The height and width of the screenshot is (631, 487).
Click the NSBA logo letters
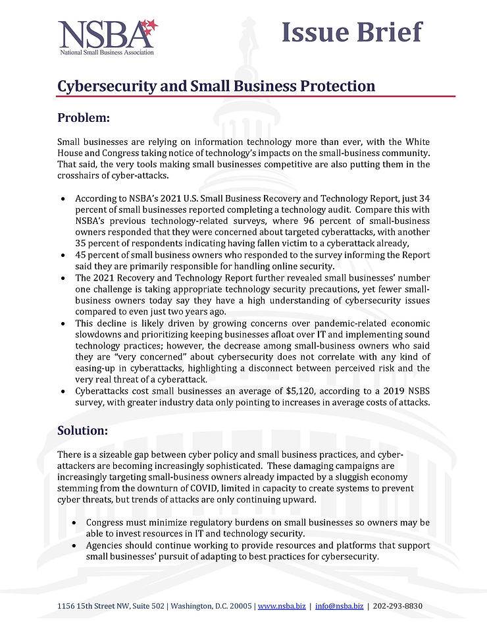99,33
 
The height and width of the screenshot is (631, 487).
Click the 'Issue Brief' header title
351,31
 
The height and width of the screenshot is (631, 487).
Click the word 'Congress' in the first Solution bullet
105,522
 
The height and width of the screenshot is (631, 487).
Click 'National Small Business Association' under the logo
106,51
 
